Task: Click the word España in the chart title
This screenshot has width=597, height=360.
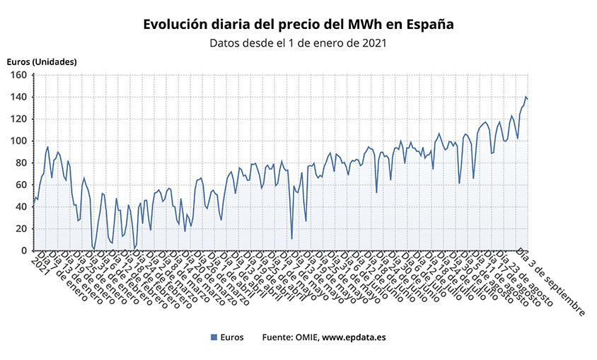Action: pyautogui.click(x=427, y=25)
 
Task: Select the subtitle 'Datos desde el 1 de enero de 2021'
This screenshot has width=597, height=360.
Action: pyautogui.click(x=298, y=43)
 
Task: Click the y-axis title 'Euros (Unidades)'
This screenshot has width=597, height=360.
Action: pyautogui.click(x=42, y=62)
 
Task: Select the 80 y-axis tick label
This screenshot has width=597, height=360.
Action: pyautogui.click(x=21, y=163)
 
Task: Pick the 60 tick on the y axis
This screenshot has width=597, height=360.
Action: pyautogui.click(x=21, y=185)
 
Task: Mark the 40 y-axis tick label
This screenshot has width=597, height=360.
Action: pyautogui.click(x=21, y=207)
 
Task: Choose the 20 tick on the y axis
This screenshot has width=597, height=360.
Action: pyautogui.click(x=21, y=228)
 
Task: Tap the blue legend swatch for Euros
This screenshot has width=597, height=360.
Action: pyautogui.click(x=214, y=337)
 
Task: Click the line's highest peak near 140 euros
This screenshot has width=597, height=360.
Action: pyautogui.click(x=526, y=96)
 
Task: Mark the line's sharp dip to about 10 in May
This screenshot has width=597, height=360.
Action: pyautogui.click(x=291, y=239)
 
